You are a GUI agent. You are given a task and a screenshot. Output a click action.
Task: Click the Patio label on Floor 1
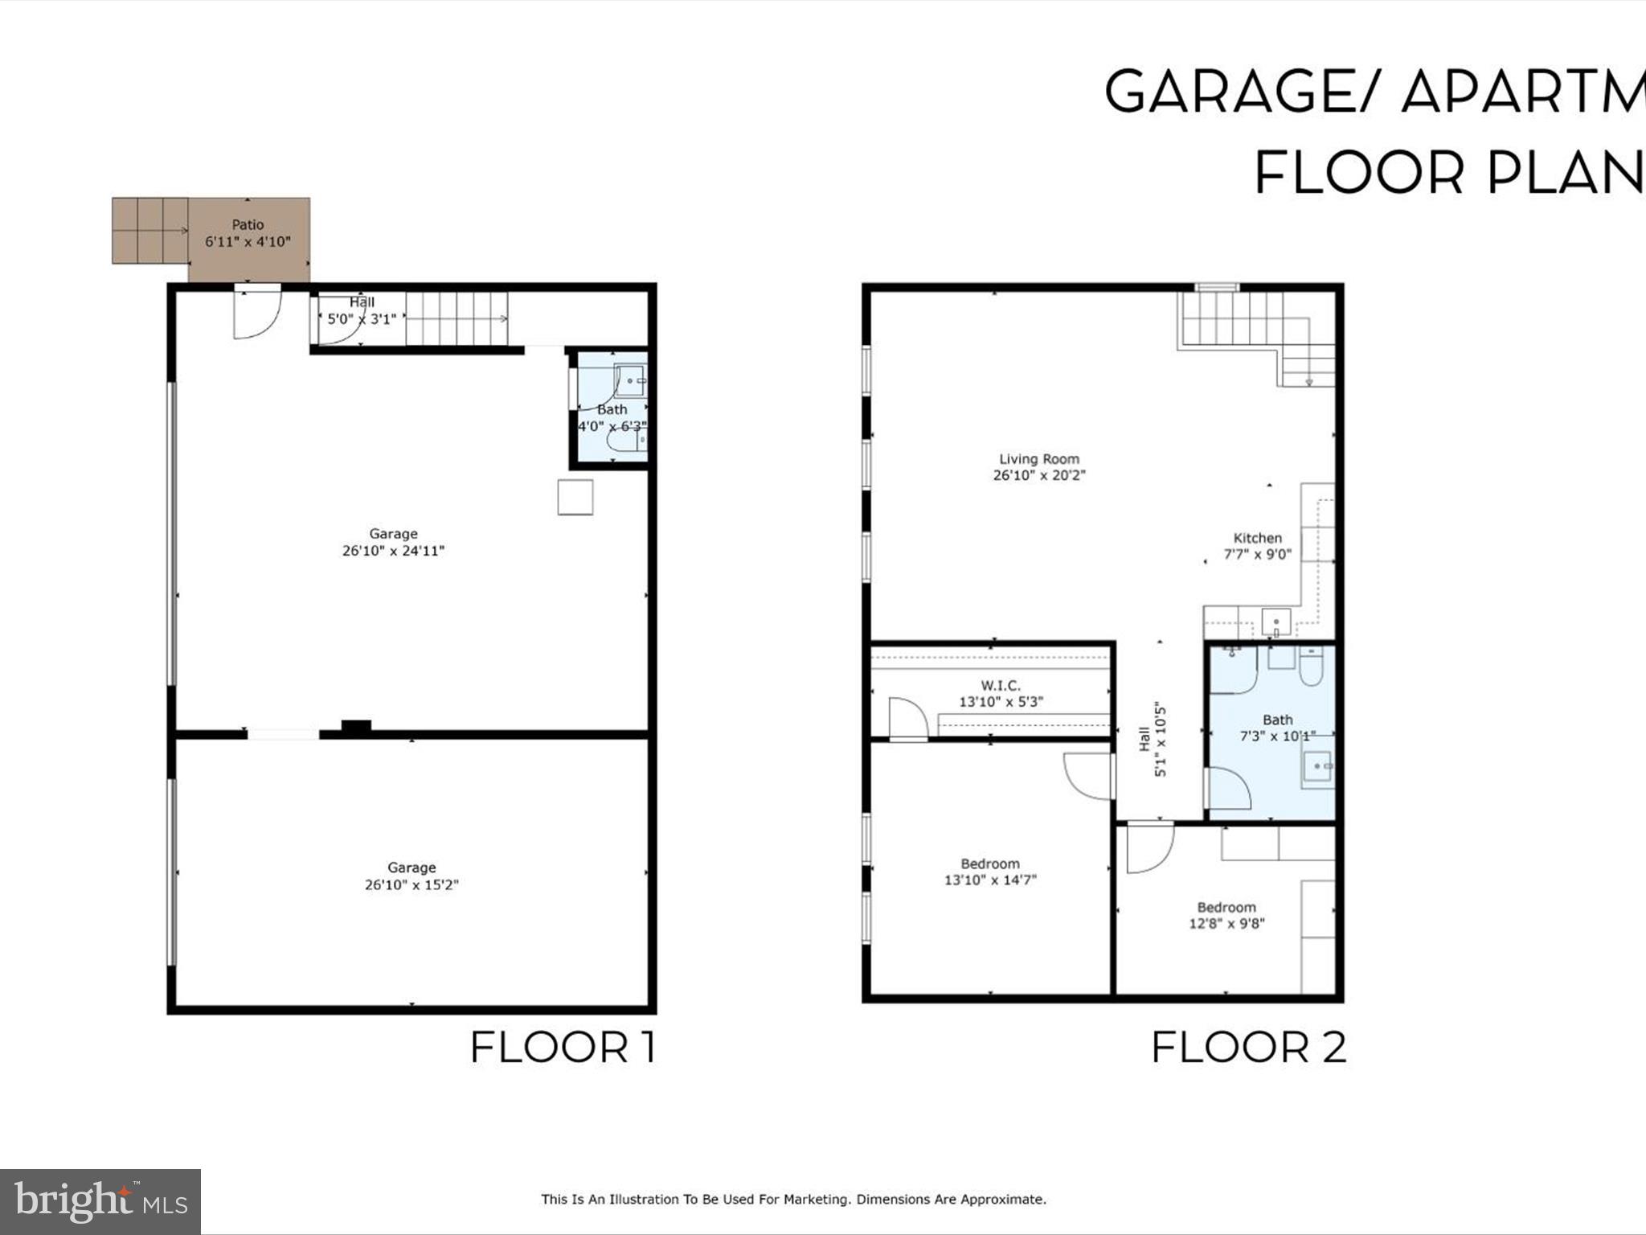pyautogui.click(x=248, y=225)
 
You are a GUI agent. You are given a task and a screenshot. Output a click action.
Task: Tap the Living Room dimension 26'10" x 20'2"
pyautogui.click(x=1038, y=475)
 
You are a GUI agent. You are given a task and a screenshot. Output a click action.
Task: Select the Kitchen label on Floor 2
pyautogui.click(x=1257, y=539)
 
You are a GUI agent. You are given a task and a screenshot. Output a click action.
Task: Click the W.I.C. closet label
pyautogui.click(x=1000, y=686)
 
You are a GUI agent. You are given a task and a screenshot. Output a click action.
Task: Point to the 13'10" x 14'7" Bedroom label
pyautogui.click(x=989, y=872)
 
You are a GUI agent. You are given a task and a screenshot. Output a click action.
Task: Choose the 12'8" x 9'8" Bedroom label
pyautogui.click(x=1226, y=916)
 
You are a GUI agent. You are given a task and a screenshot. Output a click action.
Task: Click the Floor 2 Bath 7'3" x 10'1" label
pyautogui.click(x=1277, y=728)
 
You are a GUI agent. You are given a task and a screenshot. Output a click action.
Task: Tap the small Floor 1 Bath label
pyautogui.click(x=612, y=410)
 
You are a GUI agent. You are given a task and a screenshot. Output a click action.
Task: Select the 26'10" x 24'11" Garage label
pyautogui.click(x=393, y=543)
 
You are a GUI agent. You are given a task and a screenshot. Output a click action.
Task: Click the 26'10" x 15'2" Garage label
pyautogui.click(x=411, y=876)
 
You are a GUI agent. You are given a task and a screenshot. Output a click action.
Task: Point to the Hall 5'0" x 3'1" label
pyautogui.click(x=361, y=310)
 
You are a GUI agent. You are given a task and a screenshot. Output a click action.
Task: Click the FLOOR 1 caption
pyautogui.click(x=563, y=1048)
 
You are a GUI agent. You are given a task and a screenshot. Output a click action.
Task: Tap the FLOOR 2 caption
pyautogui.click(x=1248, y=1048)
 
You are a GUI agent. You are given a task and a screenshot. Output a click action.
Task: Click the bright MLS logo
pyautogui.click(x=100, y=1201)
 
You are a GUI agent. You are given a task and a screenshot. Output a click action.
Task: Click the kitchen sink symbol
pyautogui.click(x=1275, y=622)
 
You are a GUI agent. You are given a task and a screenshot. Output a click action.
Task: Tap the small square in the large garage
pyautogui.click(x=575, y=497)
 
